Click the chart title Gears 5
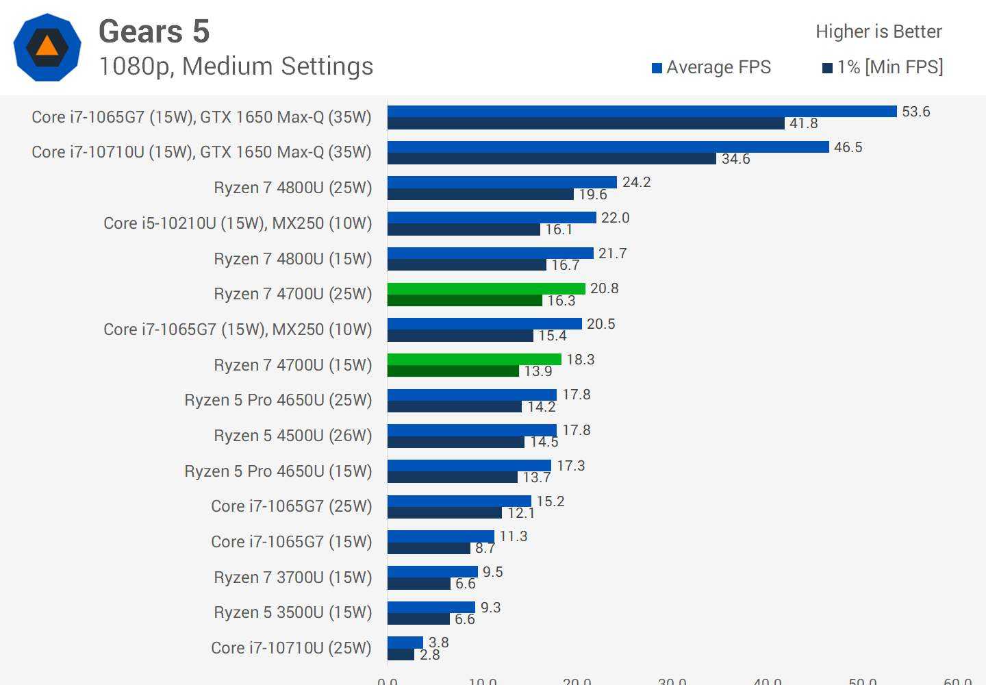(154, 32)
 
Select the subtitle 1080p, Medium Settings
(236, 66)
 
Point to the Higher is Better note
(878, 32)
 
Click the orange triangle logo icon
(47, 47)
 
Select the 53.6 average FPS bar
(642, 112)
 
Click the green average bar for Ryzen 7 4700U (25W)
(486, 288)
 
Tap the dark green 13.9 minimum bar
(453, 371)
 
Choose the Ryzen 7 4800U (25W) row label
(293, 188)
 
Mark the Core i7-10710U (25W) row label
(292, 648)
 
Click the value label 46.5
(848, 147)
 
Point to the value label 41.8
(803, 123)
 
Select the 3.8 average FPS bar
(405, 643)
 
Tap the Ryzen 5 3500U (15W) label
(293, 612)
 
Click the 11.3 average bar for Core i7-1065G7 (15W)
(440, 536)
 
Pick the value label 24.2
(636, 182)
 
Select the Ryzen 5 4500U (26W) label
(293, 436)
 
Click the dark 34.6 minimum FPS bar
(552, 159)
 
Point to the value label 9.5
(492, 572)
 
